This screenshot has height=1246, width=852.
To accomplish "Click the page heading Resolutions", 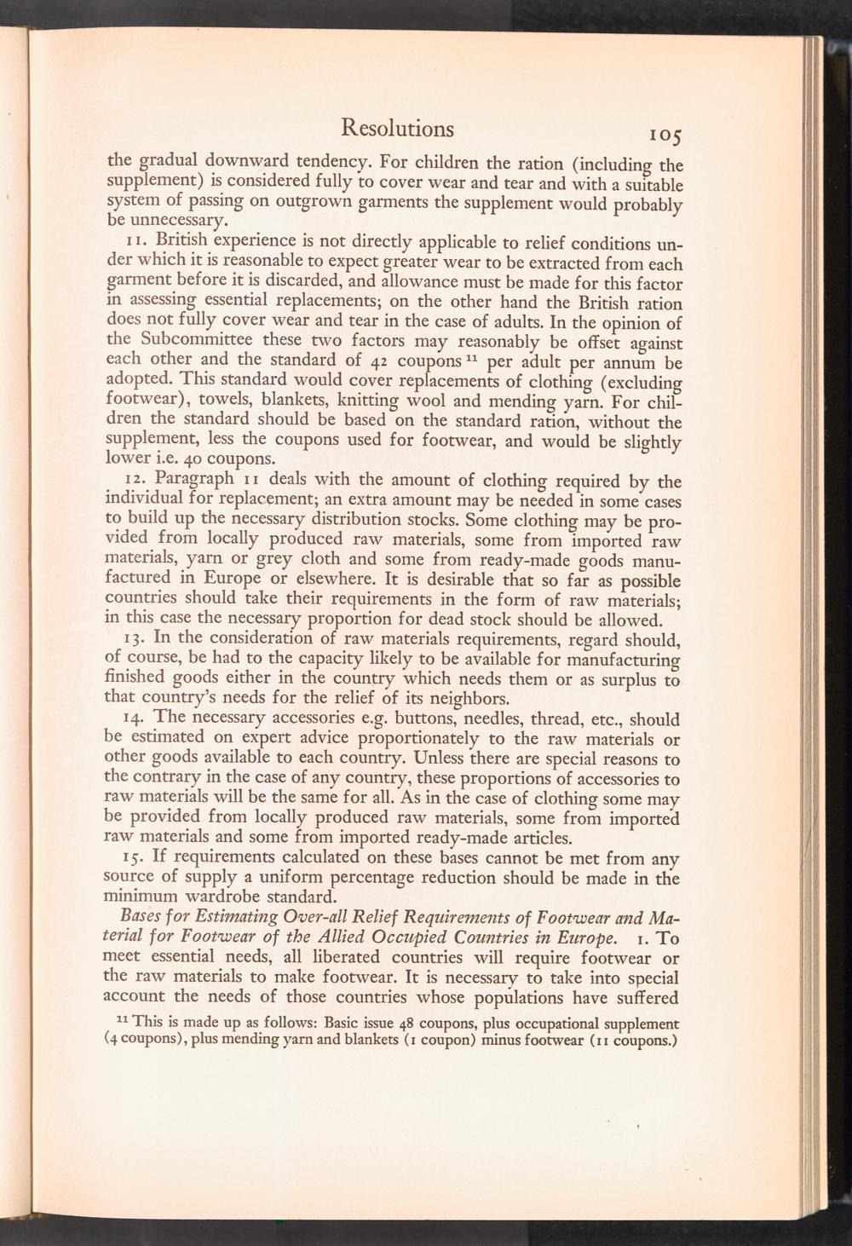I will coord(397,128).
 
